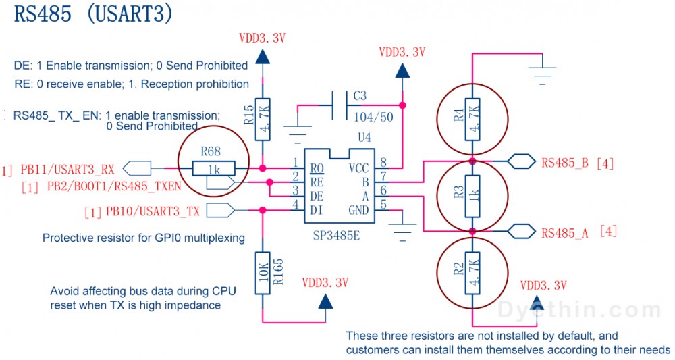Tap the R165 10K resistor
[x=263, y=273]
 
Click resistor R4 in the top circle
[x=473, y=119]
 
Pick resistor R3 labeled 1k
[x=473, y=196]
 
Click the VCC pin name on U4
[x=358, y=168]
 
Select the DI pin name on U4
[x=315, y=211]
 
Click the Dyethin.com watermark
[x=579, y=310]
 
